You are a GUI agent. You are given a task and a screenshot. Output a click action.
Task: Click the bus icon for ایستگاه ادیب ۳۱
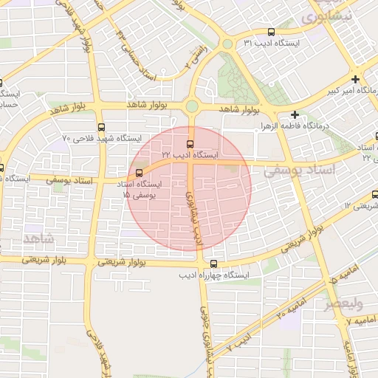click(272, 32)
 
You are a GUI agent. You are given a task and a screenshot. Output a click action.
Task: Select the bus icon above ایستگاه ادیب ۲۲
click(191, 142)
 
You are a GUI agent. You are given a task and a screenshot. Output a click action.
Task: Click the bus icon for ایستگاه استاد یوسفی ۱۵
click(138, 173)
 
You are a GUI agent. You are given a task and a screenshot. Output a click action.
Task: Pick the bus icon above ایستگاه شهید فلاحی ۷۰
click(101, 126)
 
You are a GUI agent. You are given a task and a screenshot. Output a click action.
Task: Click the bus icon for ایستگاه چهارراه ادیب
click(214, 264)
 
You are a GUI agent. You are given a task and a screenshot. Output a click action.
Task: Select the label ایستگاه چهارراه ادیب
click(215, 275)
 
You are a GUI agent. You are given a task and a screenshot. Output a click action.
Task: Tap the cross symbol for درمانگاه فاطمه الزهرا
click(295, 114)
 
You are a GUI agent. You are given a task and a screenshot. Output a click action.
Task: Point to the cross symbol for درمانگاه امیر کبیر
click(356, 79)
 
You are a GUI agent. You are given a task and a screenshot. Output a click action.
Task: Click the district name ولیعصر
click(344, 303)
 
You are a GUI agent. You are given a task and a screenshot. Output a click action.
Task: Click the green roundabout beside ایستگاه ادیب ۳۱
click(227, 44)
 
